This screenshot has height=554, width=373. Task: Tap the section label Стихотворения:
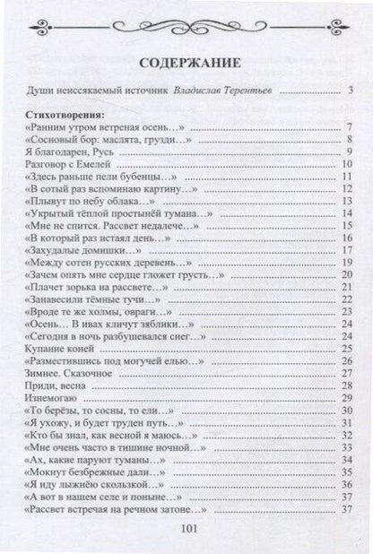[x=65, y=115]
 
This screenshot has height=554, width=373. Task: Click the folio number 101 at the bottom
[x=187, y=529]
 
